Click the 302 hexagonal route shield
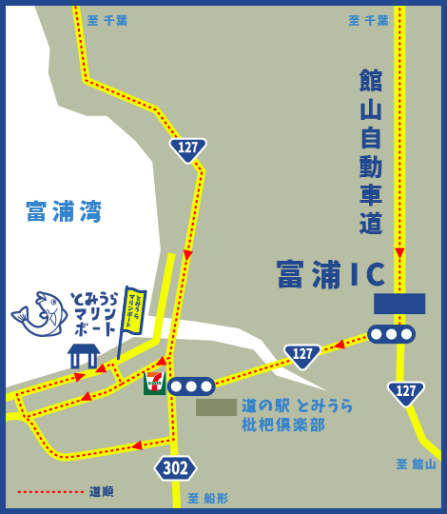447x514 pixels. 176,467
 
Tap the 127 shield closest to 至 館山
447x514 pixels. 406,391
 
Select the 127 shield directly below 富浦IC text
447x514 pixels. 302,355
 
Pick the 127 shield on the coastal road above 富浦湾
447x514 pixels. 188,148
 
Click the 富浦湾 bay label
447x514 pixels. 64,211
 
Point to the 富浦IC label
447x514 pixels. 331,274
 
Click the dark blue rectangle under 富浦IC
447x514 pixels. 398,304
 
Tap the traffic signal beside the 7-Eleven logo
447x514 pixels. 191,385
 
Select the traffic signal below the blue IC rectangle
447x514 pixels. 391,334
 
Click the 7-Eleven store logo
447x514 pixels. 154,383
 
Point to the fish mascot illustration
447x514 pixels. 41,314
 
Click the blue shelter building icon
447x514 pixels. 84,355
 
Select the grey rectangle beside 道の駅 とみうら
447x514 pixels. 216,406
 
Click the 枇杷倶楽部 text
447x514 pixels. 283,425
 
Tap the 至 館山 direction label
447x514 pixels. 416,464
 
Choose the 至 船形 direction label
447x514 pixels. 207,498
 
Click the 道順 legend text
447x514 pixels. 101,491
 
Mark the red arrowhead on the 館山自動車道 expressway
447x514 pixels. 399,253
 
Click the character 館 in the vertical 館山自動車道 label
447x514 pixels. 371,80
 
